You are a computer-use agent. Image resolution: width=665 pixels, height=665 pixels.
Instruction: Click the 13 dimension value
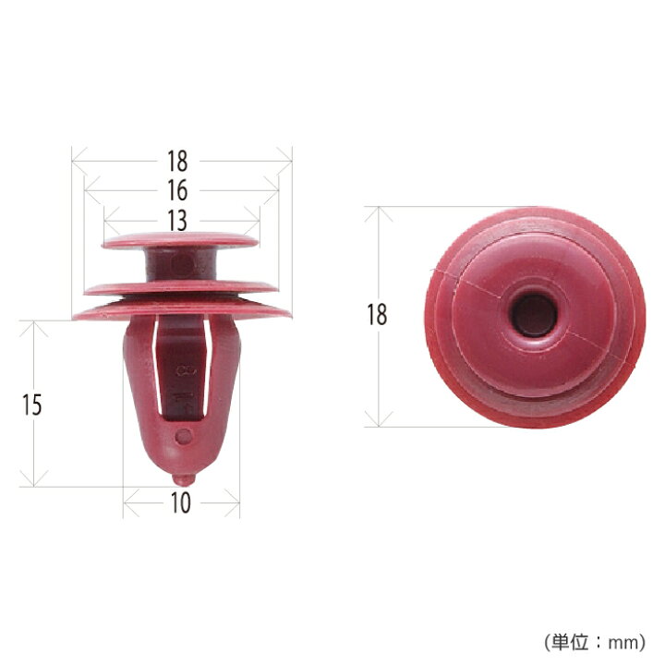click(x=178, y=222)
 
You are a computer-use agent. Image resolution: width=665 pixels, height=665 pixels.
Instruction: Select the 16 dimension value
click(x=178, y=191)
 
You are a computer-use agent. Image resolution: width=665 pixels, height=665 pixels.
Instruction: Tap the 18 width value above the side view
click(x=178, y=161)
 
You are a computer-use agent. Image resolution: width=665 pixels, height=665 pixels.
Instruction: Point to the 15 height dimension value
click(x=32, y=405)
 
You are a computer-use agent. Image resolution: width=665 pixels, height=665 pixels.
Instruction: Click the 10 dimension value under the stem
click(x=181, y=503)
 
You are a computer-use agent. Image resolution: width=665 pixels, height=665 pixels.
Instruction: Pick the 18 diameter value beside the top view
click(x=377, y=316)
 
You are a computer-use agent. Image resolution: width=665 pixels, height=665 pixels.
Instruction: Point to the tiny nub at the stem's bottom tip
click(x=183, y=478)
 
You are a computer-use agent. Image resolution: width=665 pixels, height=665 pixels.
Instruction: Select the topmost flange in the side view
click(x=181, y=241)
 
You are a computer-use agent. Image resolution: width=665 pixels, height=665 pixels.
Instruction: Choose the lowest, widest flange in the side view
click(x=181, y=312)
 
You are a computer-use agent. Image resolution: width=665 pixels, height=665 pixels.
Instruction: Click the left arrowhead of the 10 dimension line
click(x=127, y=503)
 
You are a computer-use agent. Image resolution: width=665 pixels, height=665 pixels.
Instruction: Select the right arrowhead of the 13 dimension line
click(x=257, y=222)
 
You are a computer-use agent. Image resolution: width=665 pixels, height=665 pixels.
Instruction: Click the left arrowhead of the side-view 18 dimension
click(x=76, y=161)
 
